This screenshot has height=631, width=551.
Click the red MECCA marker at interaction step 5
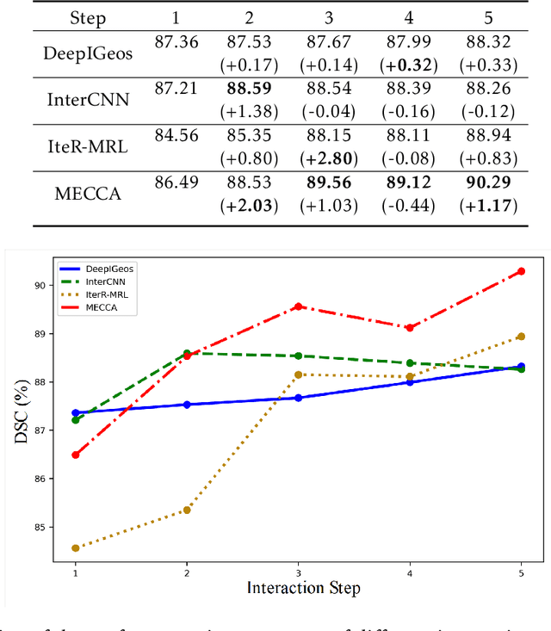tap(521, 271)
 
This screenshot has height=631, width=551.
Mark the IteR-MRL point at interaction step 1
tap(75, 547)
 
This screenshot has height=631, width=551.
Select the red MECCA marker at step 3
tap(298, 306)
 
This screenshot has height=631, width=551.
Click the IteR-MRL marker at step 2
tap(187, 510)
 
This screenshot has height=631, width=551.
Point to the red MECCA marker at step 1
tap(75, 455)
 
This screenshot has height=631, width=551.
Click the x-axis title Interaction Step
tap(302, 589)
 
